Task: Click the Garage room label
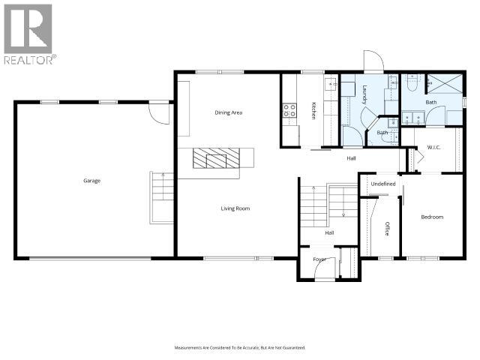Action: point(92,181)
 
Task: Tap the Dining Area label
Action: point(228,112)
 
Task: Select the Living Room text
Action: point(235,208)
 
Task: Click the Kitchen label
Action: point(313,110)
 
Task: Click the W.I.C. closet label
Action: point(433,147)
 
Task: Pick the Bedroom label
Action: point(432,217)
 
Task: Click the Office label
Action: point(388,229)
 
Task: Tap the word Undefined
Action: point(382,183)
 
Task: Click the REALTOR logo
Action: point(28,34)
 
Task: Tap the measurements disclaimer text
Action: point(239,347)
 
